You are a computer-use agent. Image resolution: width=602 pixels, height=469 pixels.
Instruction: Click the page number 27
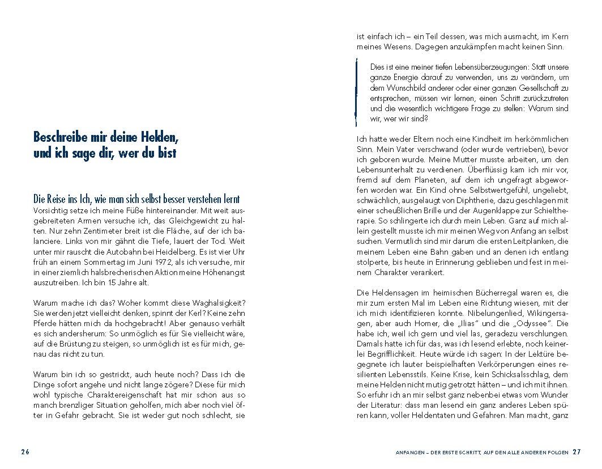pyautogui.click(x=577, y=452)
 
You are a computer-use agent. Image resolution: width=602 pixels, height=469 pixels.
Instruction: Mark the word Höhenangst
pyautogui.click(x=224, y=272)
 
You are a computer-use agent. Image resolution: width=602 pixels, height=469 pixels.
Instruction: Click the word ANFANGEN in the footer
pyautogui.click(x=412, y=453)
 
